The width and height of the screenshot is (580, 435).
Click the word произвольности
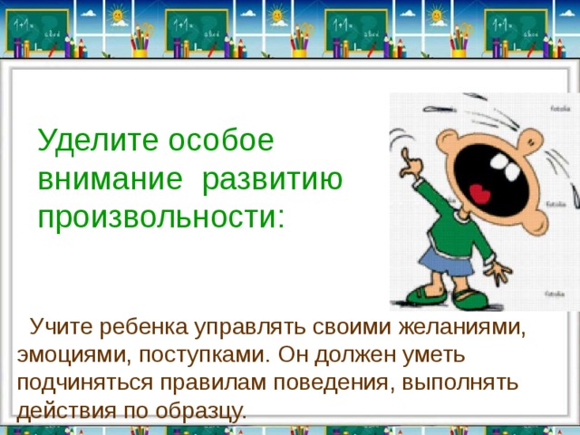coord(160,217)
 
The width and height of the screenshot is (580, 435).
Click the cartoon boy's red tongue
coord(479,194)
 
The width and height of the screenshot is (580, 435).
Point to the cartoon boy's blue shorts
coord(444,264)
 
